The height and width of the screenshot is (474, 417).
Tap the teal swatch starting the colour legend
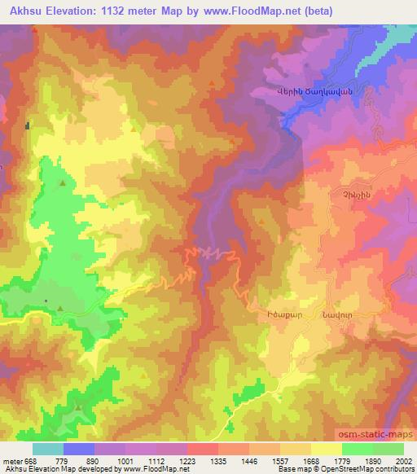pyautogui.click(x=48, y=449)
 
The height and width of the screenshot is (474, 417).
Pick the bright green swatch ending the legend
pyautogui.click(x=388, y=449)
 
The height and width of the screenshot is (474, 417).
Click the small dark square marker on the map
pyautogui.click(x=28, y=125)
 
